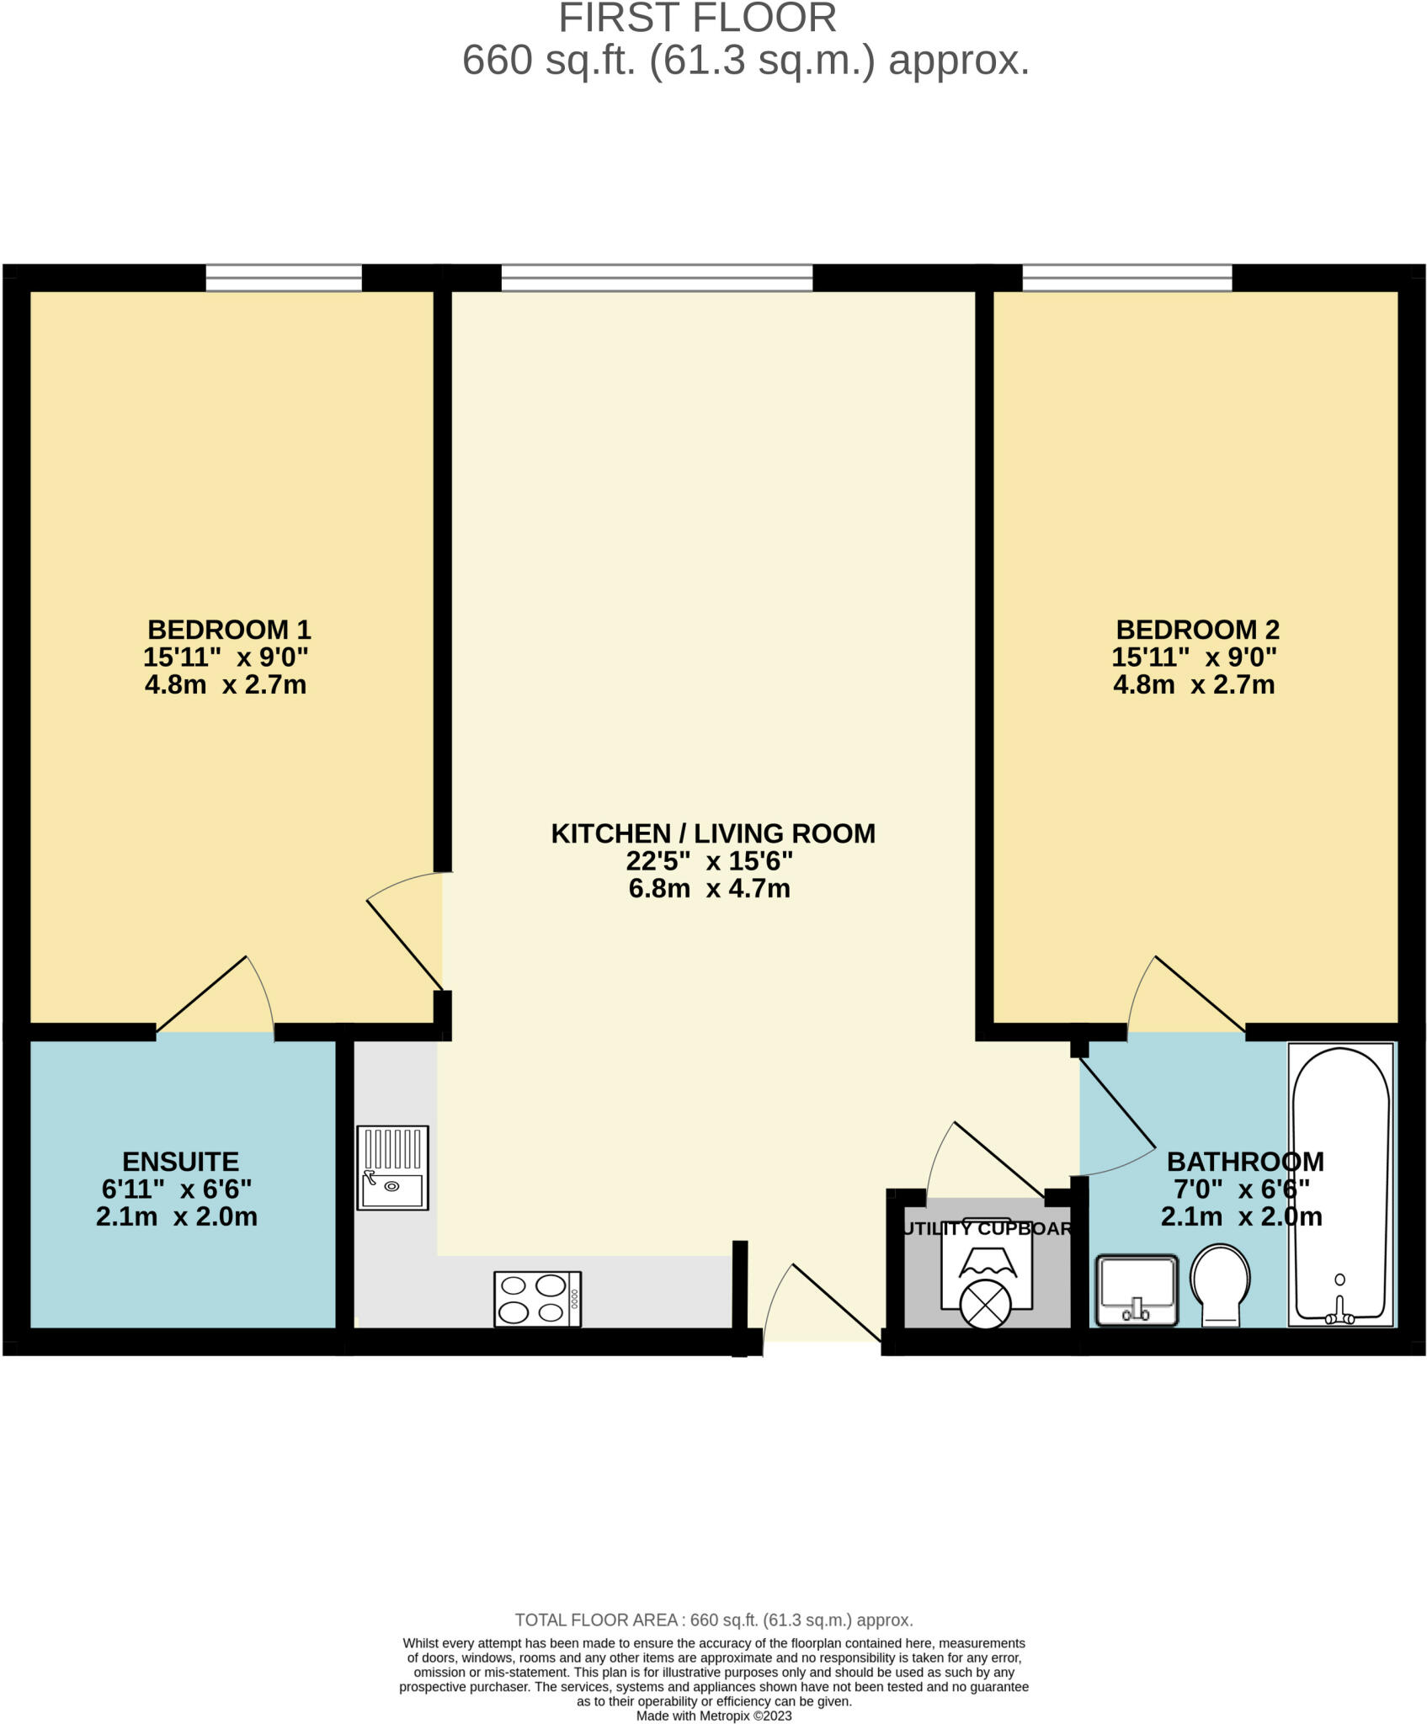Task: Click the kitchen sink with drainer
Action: tap(392, 1168)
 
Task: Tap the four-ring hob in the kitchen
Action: tap(537, 1298)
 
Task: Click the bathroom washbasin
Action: tap(1137, 1290)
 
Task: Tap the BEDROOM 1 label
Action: tap(229, 630)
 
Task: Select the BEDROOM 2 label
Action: tap(1197, 630)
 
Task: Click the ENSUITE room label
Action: tap(180, 1162)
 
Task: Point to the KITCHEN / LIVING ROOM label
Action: tap(713, 833)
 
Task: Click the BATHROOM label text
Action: tap(1245, 1162)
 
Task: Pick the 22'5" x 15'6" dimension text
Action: tap(709, 861)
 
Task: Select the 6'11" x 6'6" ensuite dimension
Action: tap(177, 1189)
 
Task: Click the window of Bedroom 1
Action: tap(284, 278)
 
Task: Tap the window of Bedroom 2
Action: tap(1126, 278)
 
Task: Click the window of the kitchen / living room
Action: tap(657, 278)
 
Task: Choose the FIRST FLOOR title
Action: tap(698, 19)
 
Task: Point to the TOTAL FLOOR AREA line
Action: tap(714, 1620)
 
